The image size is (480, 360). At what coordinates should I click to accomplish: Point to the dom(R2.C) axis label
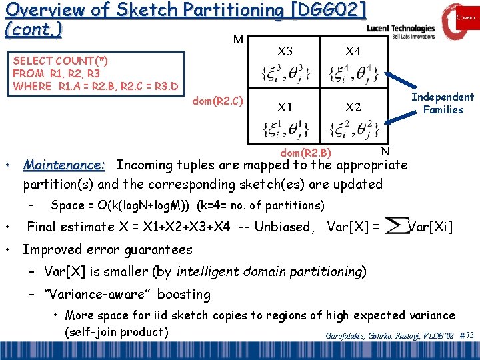[x=217, y=101]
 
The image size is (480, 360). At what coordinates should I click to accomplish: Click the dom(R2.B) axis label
[x=305, y=153]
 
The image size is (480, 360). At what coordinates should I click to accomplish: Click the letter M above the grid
[x=237, y=40]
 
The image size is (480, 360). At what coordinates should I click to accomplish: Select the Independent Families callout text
[x=442, y=103]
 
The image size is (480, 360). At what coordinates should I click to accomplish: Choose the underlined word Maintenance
[x=63, y=165]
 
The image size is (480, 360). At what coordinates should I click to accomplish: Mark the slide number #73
[x=466, y=335]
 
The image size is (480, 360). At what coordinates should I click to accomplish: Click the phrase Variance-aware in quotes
[x=127, y=294]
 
